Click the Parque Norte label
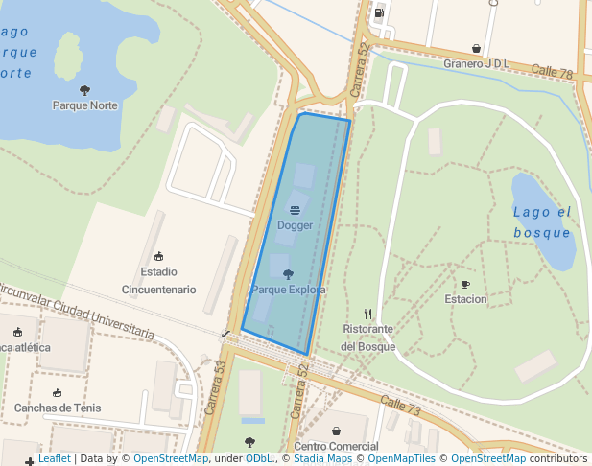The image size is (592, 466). click(x=84, y=105)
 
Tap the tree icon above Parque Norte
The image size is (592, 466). click(x=84, y=90)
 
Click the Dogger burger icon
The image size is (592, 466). click(x=295, y=210)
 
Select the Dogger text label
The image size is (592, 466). click(x=295, y=225)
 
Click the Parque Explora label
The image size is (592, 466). click(x=288, y=290)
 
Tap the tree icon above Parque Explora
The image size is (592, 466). click(x=288, y=274)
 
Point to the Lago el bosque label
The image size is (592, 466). click(x=542, y=222)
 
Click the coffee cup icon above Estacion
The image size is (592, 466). click(x=465, y=284)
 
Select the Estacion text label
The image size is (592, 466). click(x=465, y=299)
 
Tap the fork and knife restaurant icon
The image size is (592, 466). click(x=368, y=314)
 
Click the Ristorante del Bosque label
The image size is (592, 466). click(x=368, y=338)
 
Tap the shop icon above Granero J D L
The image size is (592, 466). click(x=476, y=48)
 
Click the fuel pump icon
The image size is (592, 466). click(x=379, y=13)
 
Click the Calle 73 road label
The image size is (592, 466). click(x=400, y=405)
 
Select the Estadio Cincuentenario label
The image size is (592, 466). click(x=158, y=280)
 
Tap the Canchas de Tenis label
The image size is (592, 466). click(x=57, y=408)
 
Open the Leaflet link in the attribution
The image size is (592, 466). click(x=54, y=459)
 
